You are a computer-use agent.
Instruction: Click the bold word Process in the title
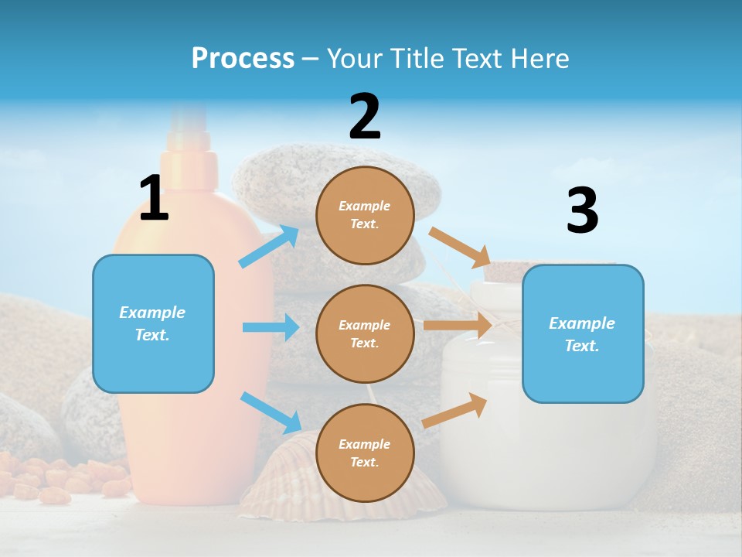pyautogui.click(x=243, y=58)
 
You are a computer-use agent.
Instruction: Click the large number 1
pyautogui.click(x=154, y=198)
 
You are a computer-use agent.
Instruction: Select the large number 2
pyautogui.click(x=365, y=117)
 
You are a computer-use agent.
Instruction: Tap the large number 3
pyautogui.click(x=582, y=211)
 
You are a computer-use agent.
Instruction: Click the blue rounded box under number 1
pyautogui.click(x=153, y=323)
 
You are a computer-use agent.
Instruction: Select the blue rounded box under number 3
pyautogui.click(x=582, y=334)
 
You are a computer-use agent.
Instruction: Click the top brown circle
pyautogui.click(x=365, y=215)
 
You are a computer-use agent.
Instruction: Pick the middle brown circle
pyautogui.click(x=365, y=334)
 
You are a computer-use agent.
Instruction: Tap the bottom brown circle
pyautogui.click(x=365, y=453)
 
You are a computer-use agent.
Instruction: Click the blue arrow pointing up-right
pyautogui.click(x=269, y=247)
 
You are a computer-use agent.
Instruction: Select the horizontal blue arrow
pyautogui.click(x=271, y=327)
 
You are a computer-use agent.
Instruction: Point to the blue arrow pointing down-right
pyautogui.click(x=271, y=412)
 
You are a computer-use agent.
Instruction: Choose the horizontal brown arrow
pyautogui.click(x=458, y=326)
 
